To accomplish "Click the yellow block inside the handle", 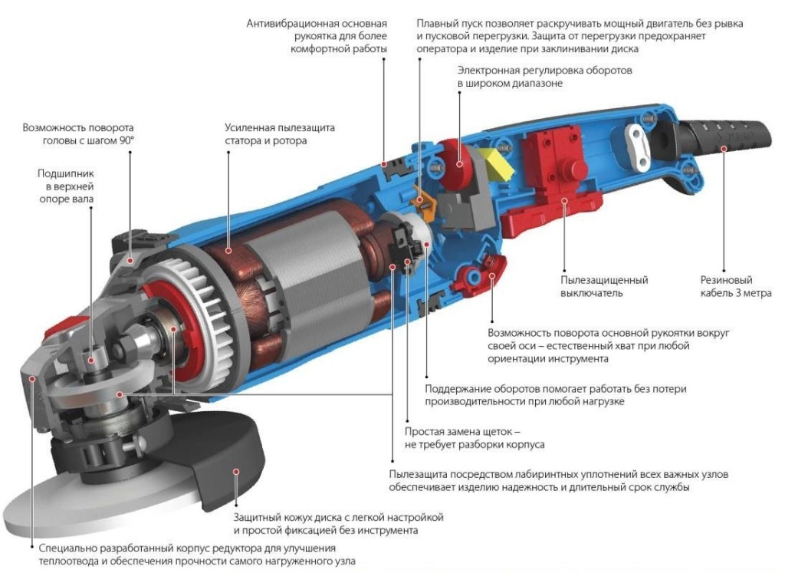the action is coord(494,163).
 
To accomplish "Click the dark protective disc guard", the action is coord(200,451).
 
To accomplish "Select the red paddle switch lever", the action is coord(550,216).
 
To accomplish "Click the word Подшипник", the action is coord(66,174).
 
